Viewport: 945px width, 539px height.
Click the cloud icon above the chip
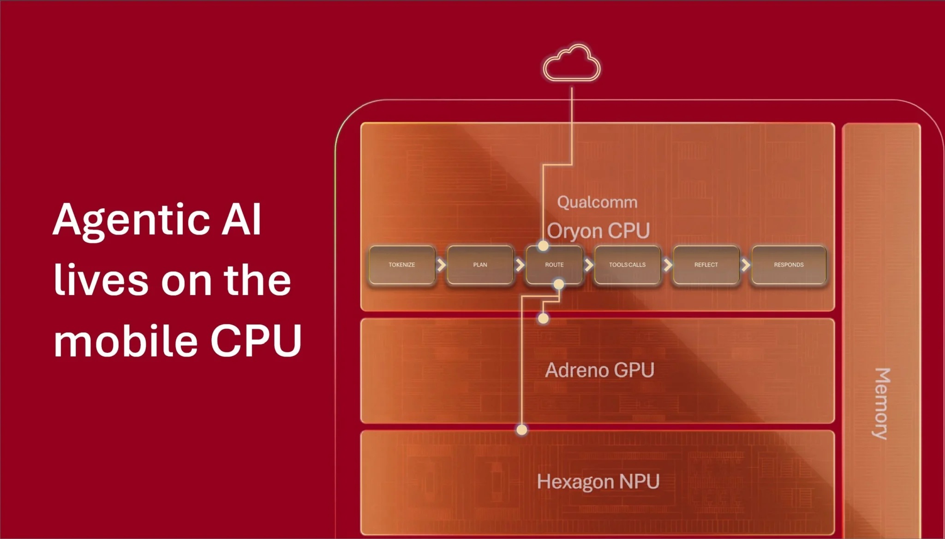pyautogui.click(x=572, y=63)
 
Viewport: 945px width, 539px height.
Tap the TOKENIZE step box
pyautogui.click(x=402, y=265)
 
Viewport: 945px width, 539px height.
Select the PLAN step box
pyautogui.click(x=480, y=265)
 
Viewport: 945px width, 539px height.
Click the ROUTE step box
pyautogui.click(x=554, y=265)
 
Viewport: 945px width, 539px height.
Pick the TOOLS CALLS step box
pyautogui.click(x=628, y=265)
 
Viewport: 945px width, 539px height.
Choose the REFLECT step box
pyautogui.click(x=706, y=265)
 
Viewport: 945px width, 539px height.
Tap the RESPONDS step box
pyautogui.click(x=789, y=265)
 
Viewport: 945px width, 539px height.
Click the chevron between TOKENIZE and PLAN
pyautogui.click(x=442, y=265)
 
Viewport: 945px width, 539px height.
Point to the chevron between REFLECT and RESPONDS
pyautogui.click(x=746, y=265)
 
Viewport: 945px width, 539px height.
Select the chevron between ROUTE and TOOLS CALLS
pyautogui.click(x=589, y=265)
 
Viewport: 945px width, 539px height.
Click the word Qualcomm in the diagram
pyautogui.click(x=597, y=202)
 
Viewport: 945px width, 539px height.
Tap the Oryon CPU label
pyautogui.click(x=598, y=230)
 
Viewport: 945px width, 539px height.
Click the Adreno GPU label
pyautogui.click(x=599, y=370)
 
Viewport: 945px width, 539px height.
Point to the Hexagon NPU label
pyautogui.click(x=598, y=482)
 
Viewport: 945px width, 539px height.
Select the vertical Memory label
pyautogui.click(x=881, y=403)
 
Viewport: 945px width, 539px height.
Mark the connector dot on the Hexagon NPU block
pyautogui.click(x=522, y=430)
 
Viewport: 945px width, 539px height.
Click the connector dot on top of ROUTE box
pyautogui.click(x=544, y=246)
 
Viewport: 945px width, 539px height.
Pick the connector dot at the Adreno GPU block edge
pyautogui.click(x=544, y=318)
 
